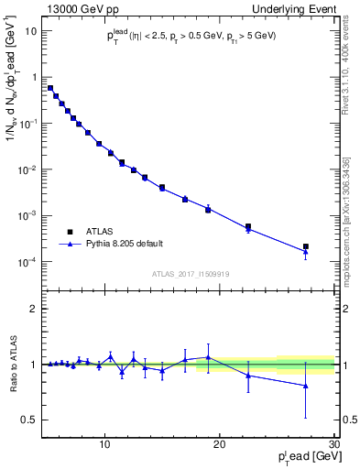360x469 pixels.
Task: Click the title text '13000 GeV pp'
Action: (77, 8)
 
